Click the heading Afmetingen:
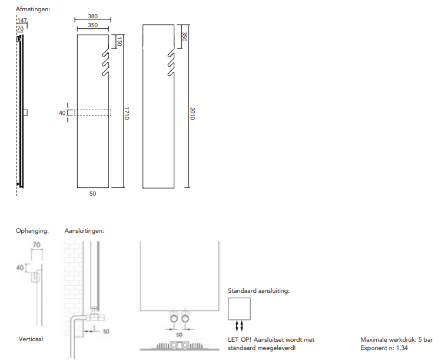(x=33, y=9)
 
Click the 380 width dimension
(x=93, y=16)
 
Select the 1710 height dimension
(x=127, y=113)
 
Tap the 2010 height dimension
(x=192, y=113)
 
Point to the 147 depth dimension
(x=22, y=21)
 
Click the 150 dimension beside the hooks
(x=120, y=41)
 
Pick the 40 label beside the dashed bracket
(x=62, y=113)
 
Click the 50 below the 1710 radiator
(x=93, y=193)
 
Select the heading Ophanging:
(x=32, y=231)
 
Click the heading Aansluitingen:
(x=84, y=231)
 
